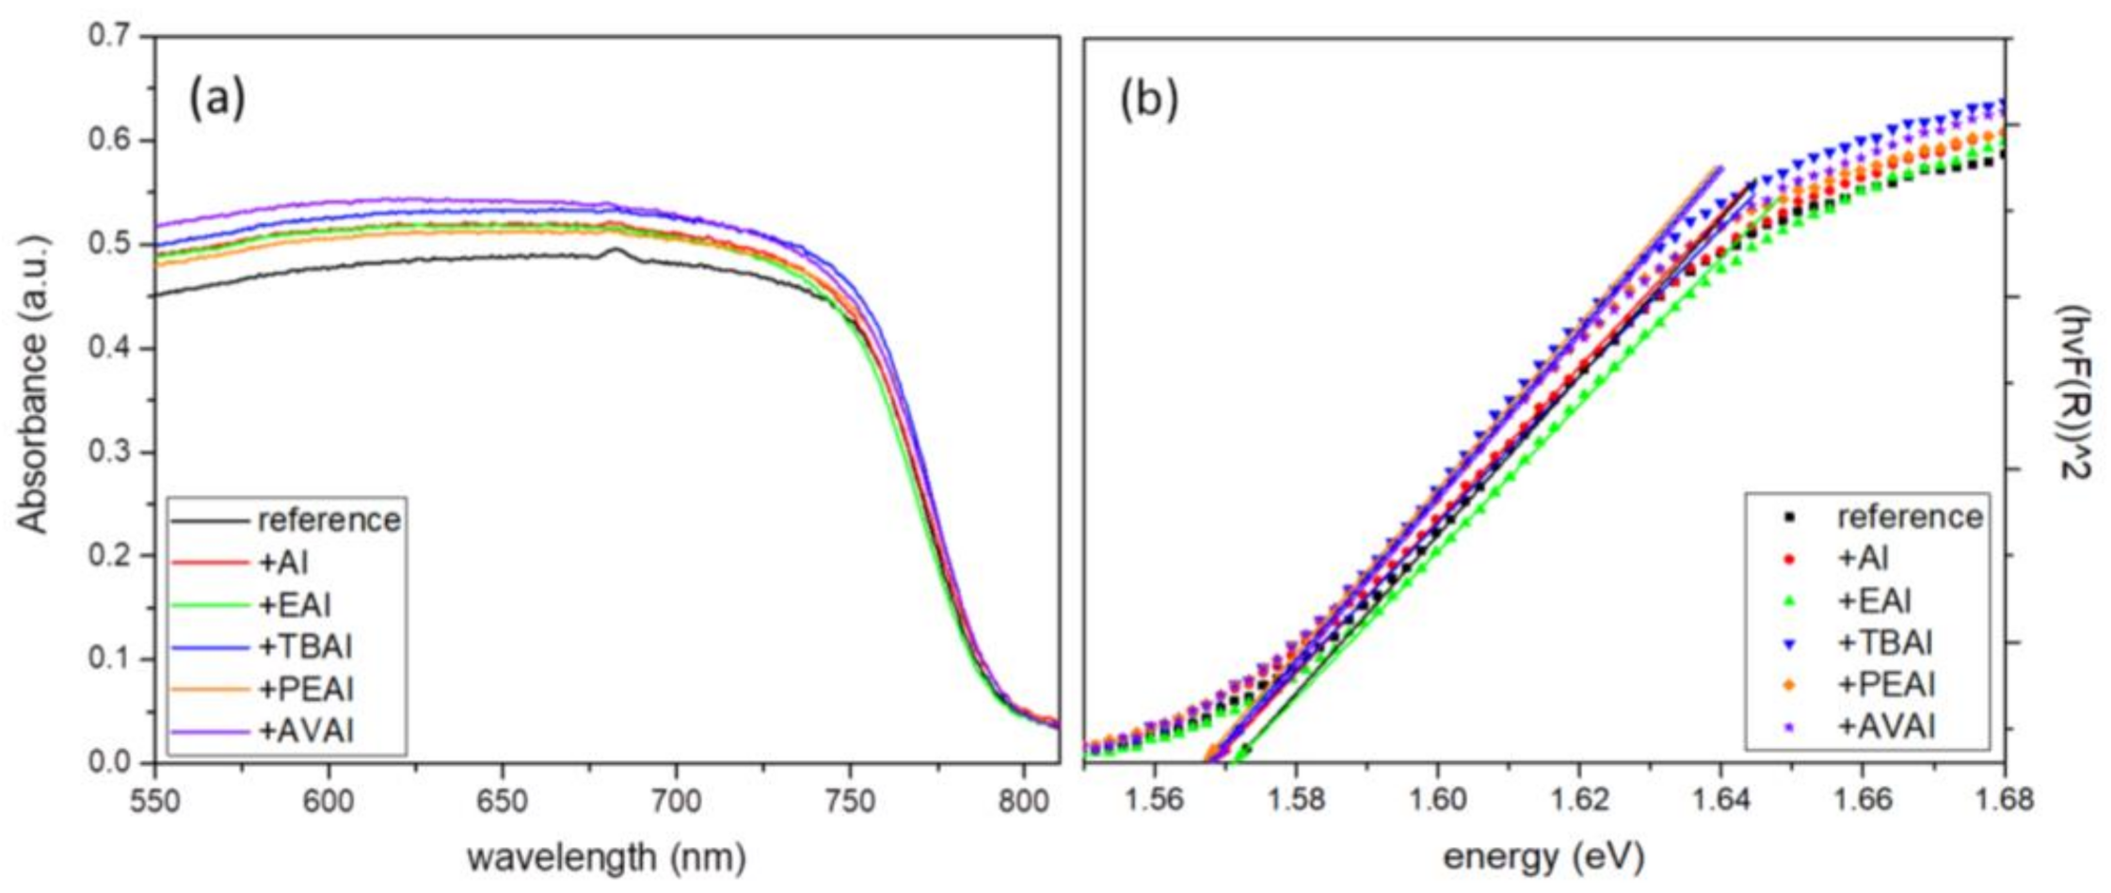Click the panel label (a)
coord(217,99)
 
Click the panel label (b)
coord(1148,101)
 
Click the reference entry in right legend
coord(1910,517)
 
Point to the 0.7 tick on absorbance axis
coord(111,38)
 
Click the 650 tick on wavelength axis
coord(502,801)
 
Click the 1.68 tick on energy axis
coord(2004,801)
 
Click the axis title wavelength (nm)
coord(606,857)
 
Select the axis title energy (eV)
coord(1543,857)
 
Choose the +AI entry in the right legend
coord(1863,559)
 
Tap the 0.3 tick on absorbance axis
coord(111,453)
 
